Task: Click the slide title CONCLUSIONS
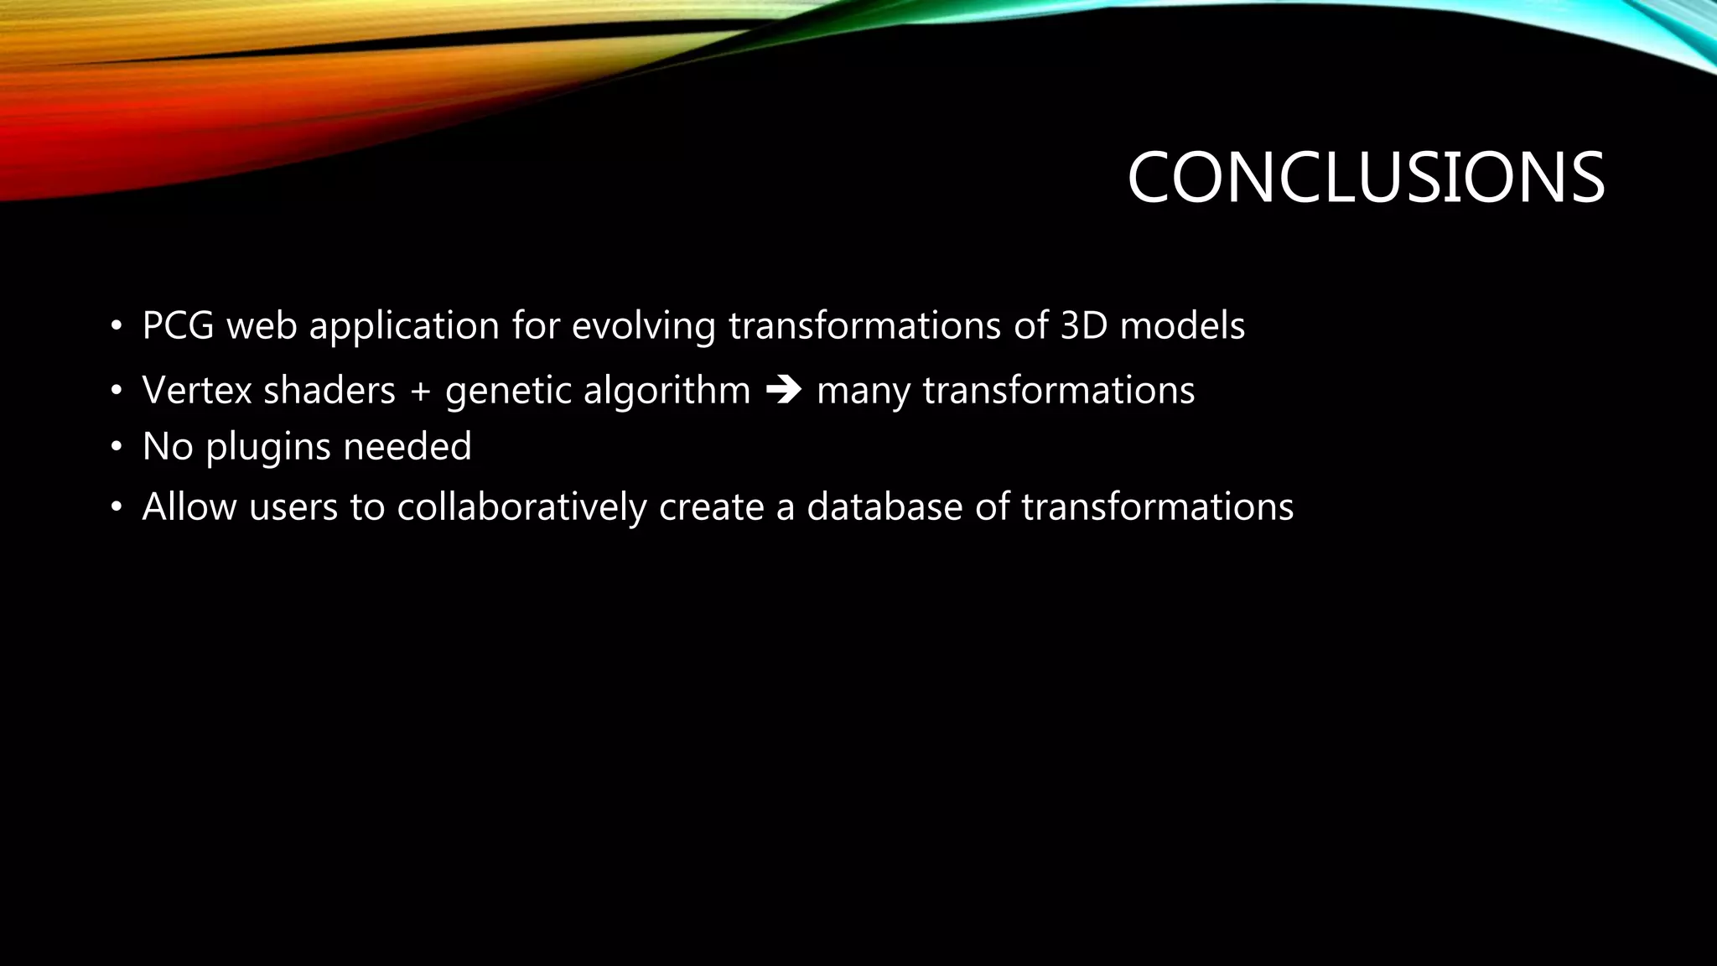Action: [1365, 178]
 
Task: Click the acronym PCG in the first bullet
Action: [178, 325]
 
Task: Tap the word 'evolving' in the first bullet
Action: [643, 325]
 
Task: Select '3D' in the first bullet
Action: [1084, 325]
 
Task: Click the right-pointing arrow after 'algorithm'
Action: [784, 391]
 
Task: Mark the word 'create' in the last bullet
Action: [711, 506]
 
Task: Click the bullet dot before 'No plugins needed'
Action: [117, 448]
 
